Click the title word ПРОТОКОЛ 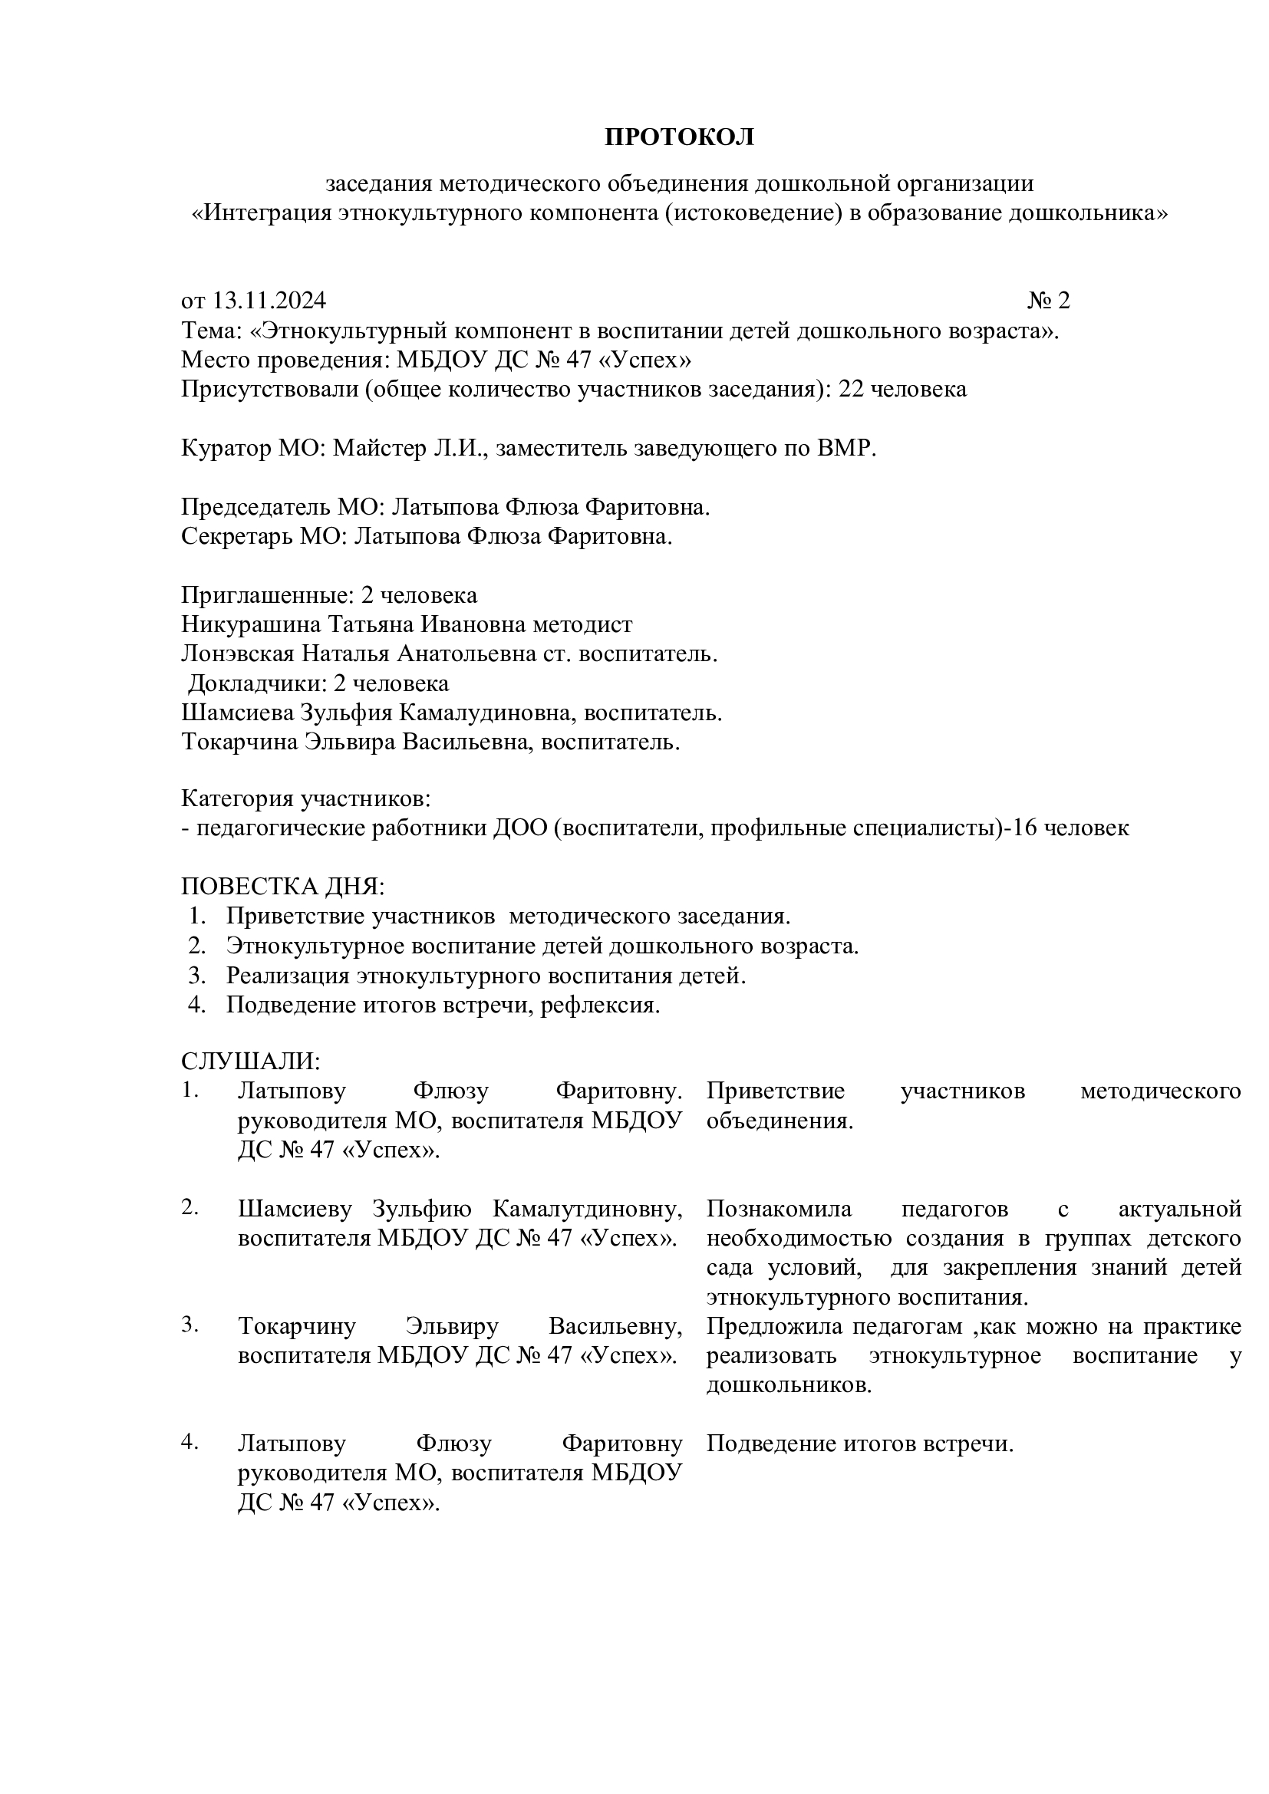(679, 137)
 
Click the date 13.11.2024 (269, 301)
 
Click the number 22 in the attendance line (850, 389)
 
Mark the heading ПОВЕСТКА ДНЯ (283, 887)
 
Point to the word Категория (237, 799)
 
